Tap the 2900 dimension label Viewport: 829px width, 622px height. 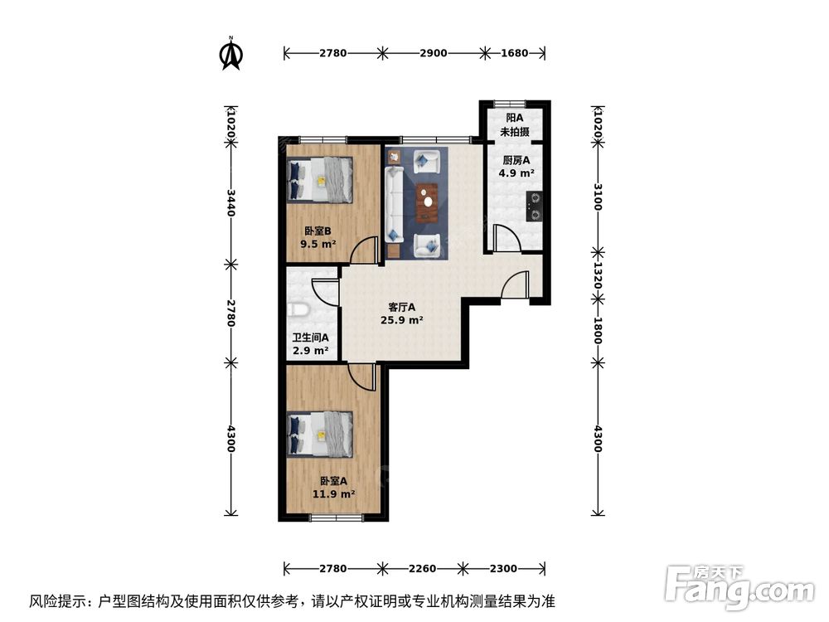coord(433,53)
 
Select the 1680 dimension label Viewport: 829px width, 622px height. coord(515,53)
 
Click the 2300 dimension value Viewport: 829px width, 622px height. coord(503,569)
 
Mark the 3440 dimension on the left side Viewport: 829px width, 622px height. coord(231,202)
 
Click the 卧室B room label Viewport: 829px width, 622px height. coord(316,231)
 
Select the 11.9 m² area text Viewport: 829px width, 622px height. coord(333,493)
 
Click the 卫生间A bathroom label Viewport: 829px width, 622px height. coord(310,338)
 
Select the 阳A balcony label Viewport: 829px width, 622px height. coord(514,118)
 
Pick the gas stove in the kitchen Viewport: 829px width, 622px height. coord(535,207)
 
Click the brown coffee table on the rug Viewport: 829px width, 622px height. coord(427,199)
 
